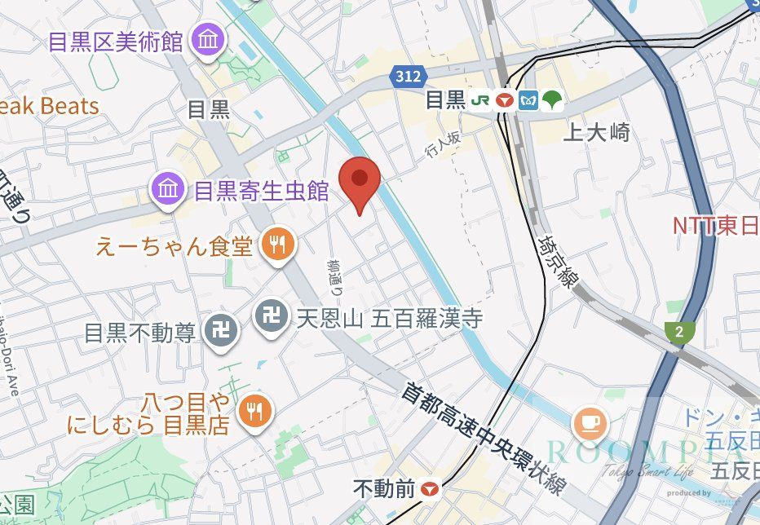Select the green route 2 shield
[x=677, y=332]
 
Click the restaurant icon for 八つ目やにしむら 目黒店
[x=256, y=409]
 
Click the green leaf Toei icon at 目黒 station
[x=553, y=100]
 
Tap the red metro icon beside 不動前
[x=430, y=489]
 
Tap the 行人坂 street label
[x=444, y=145]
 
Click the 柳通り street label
[x=335, y=277]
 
